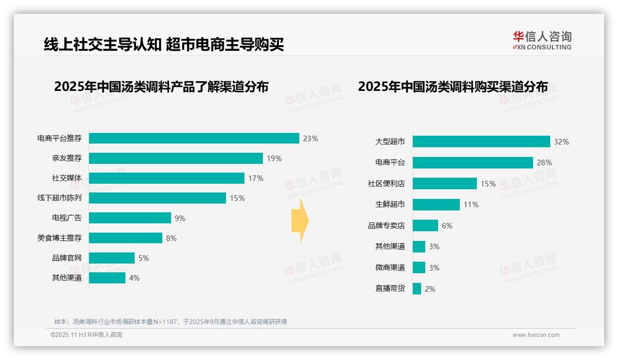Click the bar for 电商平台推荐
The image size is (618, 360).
pos(194,138)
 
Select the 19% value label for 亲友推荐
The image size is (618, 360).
pos(274,158)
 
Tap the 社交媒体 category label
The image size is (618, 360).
pos(66,178)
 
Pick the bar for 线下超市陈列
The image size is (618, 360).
pos(157,198)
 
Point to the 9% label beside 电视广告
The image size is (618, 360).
pos(180,218)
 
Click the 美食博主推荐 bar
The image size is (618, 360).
pos(125,238)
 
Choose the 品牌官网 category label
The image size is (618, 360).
pos(66,258)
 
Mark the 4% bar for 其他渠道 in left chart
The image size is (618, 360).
pos(107,278)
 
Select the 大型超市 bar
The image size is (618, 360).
pos(481,142)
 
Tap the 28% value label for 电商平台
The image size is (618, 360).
pos(544,162)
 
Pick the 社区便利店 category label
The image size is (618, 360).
pos(386,184)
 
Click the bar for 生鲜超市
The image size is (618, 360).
pos(436,204)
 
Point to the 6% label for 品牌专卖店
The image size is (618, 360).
pos(447,226)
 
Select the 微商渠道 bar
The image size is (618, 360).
pos(419,268)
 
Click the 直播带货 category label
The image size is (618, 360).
pos(390,289)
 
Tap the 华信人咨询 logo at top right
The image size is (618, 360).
pos(542,41)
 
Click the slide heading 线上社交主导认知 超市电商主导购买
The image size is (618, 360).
pos(163,44)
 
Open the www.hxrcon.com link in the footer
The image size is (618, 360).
pos(535,335)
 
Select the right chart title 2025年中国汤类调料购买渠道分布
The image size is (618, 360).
pos(452,87)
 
